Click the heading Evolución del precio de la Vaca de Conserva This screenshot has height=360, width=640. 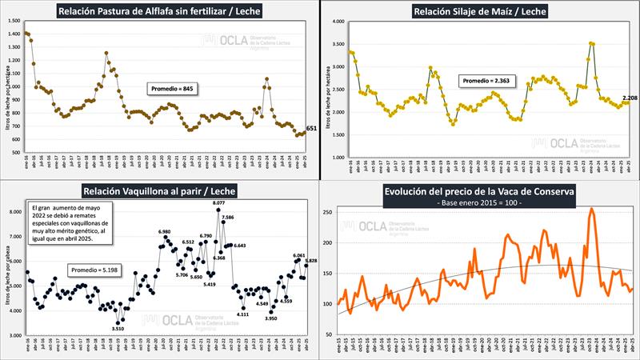pyautogui.click(x=481, y=192)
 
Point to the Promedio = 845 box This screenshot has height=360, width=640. pyautogui.click(x=172, y=88)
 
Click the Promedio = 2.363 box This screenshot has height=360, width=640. pyautogui.click(x=483, y=81)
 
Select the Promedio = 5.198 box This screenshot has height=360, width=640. pyautogui.click(x=94, y=270)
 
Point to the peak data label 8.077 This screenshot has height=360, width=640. pyautogui.click(x=219, y=204)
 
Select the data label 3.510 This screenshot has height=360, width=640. pyautogui.click(x=118, y=328)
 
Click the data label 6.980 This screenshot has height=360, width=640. pyautogui.click(x=166, y=231)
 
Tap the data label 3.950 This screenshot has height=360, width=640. pyautogui.click(x=270, y=318)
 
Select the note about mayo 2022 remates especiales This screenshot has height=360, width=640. pyautogui.click(x=70, y=222)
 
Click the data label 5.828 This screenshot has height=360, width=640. pyautogui.click(x=310, y=261)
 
